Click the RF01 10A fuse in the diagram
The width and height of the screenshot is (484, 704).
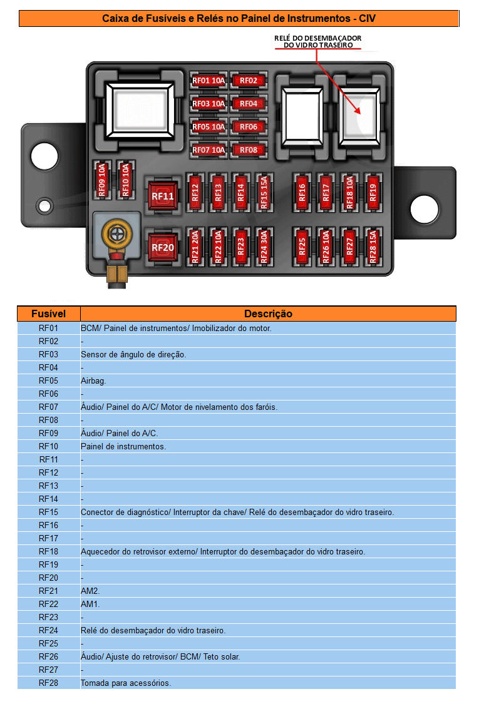point(209,81)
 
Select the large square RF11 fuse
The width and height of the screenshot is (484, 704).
point(162,196)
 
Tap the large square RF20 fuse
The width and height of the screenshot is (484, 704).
point(162,247)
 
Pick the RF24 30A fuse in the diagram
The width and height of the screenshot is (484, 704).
point(264,247)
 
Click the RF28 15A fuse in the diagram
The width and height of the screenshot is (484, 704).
point(373,247)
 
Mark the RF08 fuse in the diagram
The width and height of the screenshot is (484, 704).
point(249,150)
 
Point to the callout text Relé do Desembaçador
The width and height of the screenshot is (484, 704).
point(318,41)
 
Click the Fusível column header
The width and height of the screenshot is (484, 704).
point(48,314)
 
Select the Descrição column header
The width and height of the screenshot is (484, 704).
point(268,314)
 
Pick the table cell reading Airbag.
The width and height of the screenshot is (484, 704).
point(93,380)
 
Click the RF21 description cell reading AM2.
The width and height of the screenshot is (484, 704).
point(90,591)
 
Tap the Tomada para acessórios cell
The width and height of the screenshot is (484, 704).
point(125,683)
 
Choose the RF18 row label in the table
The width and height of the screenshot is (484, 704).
point(48,551)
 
